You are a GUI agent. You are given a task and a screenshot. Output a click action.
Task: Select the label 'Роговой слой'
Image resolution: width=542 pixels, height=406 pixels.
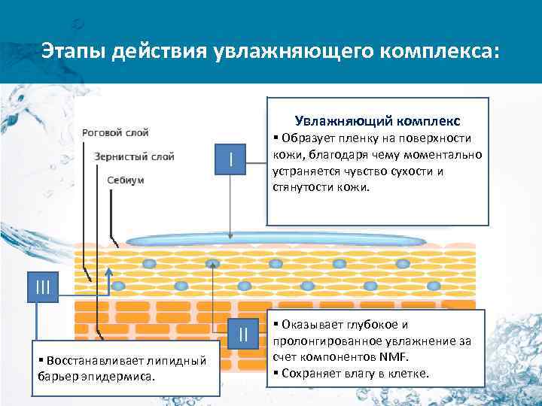(115, 132)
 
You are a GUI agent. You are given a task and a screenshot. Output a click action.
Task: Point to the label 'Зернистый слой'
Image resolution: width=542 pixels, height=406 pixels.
(135, 156)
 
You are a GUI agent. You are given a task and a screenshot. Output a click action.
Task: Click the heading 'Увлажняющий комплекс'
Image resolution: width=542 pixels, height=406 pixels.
(377, 120)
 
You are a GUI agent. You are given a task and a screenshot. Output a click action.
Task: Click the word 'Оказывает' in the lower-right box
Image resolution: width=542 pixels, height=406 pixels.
(308, 325)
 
